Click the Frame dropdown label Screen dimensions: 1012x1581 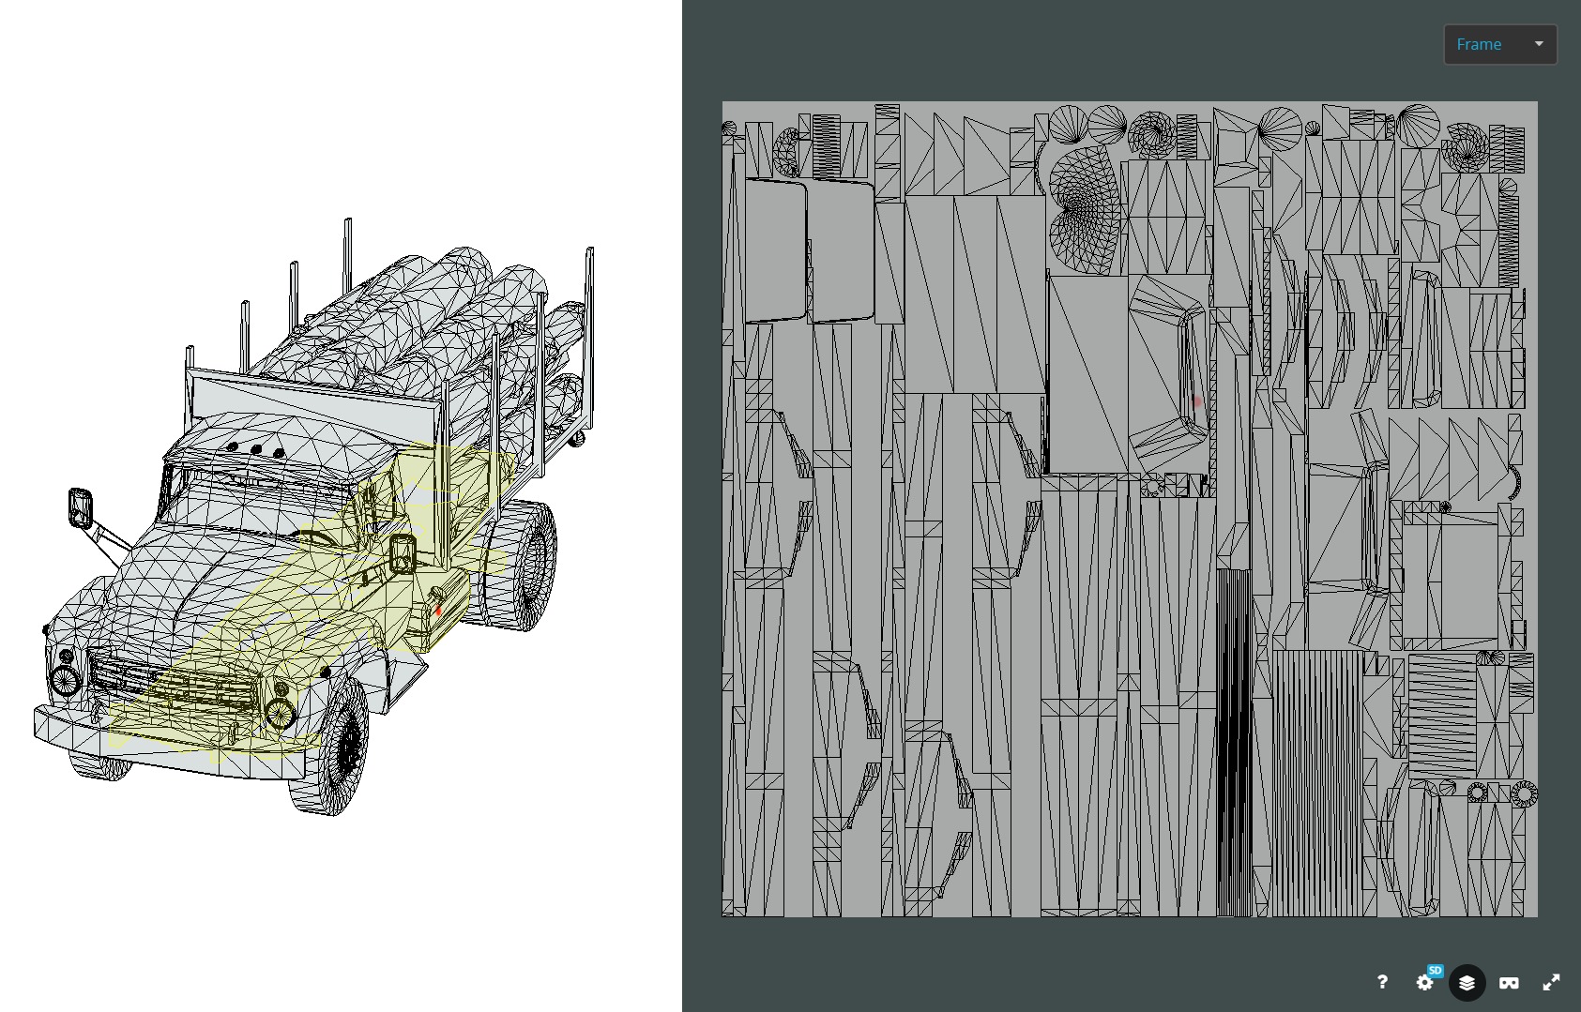click(x=1479, y=44)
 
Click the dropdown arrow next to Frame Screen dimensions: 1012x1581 click(x=1538, y=44)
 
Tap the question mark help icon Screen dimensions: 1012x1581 click(x=1382, y=982)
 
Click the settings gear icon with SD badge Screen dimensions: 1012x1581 click(x=1425, y=982)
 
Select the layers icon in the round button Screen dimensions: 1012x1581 click(x=1467, y=982)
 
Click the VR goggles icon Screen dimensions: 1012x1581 click(x=1509, y=982)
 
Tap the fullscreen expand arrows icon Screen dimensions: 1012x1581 click(x=1551, y=982)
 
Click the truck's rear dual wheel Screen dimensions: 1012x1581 click(x=525, y=563)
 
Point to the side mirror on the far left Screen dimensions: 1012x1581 click(x=81, y=506)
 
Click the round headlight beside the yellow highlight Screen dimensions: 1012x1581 click(x=280, y=713)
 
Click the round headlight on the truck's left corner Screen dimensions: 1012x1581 click(x=64, y=680)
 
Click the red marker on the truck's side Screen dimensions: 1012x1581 click(x=438, y=611)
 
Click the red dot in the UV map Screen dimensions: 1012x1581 click(x=1196, y=401)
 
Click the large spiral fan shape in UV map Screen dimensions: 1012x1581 click(x=1084, y=206)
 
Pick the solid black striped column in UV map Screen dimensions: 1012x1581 click(x=1234, y=741)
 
